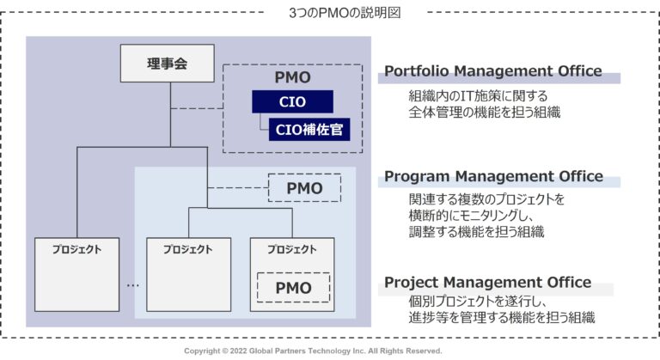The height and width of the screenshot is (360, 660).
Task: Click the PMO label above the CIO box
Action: click(x=292, y=77)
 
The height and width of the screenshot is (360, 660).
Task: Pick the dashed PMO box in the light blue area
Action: click(x=304, y=188)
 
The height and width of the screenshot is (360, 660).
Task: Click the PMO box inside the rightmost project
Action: click(x=293, y=287)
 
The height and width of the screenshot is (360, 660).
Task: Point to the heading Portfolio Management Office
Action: click(x=492, y=71)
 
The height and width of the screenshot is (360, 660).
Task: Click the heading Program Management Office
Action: click(x=493, y=176)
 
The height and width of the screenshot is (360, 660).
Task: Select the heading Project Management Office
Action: click(x=487, y=282)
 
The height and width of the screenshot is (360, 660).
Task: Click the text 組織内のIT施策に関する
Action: click(x=478, y=95)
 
